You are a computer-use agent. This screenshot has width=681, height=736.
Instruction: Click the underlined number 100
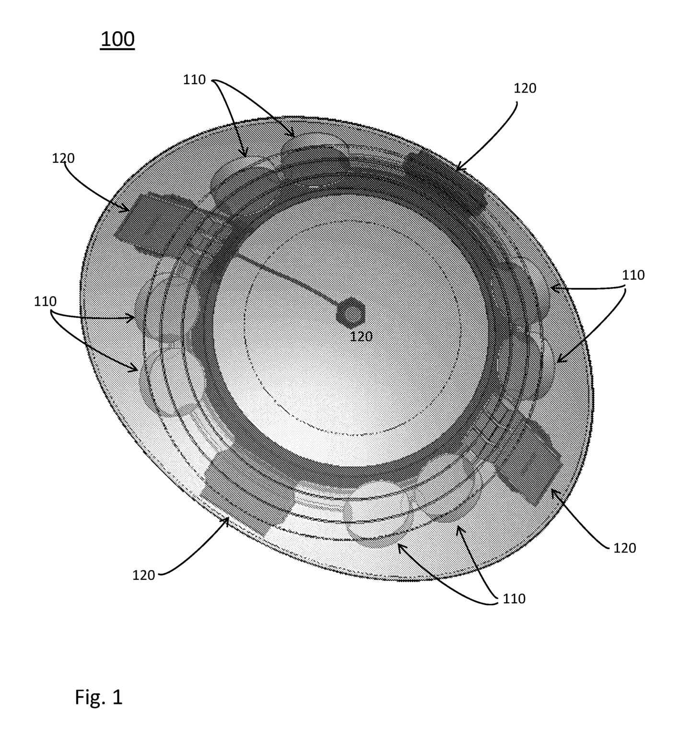(117, 39)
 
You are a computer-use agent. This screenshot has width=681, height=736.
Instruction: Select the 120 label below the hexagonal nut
(361, 336)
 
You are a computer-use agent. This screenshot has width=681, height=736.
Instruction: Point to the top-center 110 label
(194, 80)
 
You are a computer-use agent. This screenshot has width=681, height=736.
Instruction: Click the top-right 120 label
(525, 88)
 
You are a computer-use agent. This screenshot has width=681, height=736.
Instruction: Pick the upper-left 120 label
(63, 158)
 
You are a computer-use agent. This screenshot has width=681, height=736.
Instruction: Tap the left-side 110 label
(45, 301)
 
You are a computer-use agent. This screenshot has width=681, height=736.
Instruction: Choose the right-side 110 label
(633, 275)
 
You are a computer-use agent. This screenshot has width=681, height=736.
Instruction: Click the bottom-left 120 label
(144, 575)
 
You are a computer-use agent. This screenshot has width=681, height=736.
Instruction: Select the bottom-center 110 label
(514, 598)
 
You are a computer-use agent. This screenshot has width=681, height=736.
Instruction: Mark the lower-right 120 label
(624, 548)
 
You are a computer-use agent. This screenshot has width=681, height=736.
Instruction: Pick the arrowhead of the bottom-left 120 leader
(227, 518)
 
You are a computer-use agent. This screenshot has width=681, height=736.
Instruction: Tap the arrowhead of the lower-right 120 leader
(552, 491)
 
